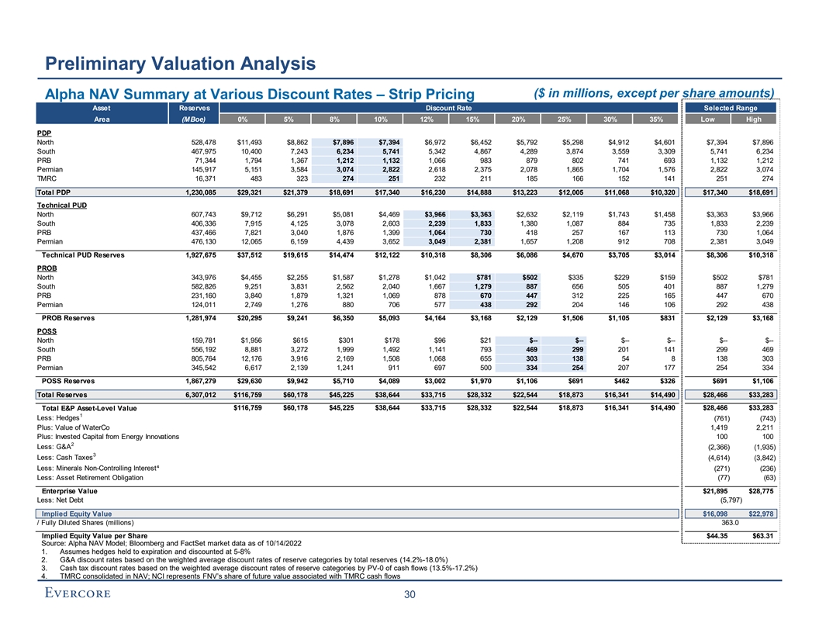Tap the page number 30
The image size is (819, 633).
(409, 595)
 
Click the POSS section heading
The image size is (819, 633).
(48, 329)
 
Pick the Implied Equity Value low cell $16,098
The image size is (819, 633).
(710, 514)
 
